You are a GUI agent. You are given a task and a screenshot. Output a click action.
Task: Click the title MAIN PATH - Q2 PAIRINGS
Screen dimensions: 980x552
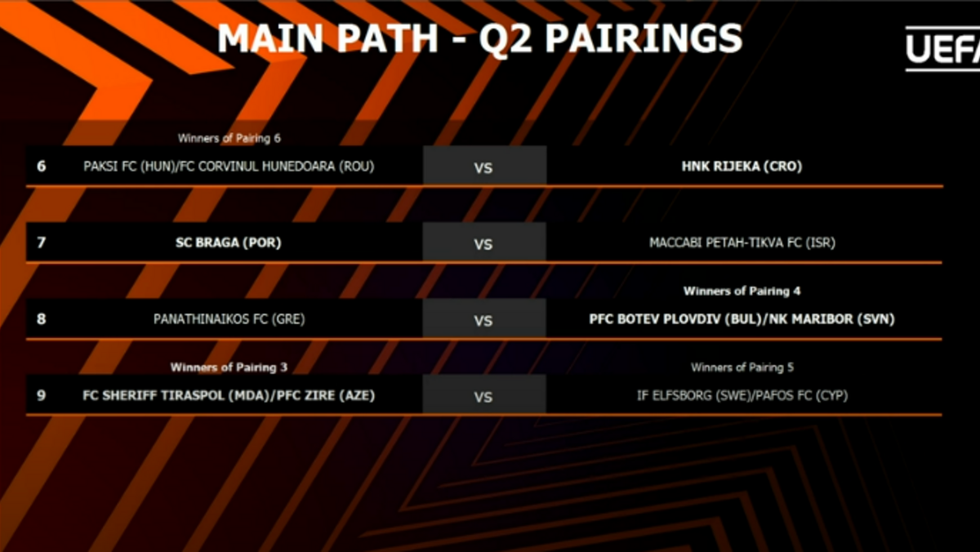[x=480, y=39]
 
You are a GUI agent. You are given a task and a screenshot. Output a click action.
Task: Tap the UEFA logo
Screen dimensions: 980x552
[x=942, y=48]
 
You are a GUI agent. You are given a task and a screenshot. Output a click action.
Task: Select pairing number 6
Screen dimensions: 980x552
[x=42, y=167]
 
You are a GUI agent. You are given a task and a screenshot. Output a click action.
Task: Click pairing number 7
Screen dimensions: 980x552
[x=42, y=243]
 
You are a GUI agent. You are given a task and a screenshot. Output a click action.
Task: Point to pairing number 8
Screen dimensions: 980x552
[x=42, y=318]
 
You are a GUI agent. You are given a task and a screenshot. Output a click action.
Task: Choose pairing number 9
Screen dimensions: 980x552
[x=42, y=395]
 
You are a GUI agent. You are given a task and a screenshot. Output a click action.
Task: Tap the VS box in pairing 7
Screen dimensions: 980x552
[x=484, y=242]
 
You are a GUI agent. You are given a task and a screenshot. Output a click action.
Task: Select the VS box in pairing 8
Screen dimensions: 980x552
[x=484, y=318]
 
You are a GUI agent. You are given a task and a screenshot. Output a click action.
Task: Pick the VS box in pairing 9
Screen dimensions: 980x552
[x=484, y=394]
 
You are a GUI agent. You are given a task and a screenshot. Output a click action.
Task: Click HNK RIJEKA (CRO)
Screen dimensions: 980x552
[x=742, y=167]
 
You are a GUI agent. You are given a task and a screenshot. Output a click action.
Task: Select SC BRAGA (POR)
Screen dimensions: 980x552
[x=229, y=243]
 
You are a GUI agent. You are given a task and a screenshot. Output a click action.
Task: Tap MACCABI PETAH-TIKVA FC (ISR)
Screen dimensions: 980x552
[x=742, y=243]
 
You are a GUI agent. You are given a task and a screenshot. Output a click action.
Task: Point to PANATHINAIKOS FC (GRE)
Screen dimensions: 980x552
[x=229, y=319]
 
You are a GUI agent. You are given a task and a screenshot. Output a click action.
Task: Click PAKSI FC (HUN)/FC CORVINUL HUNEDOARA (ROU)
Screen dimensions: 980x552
[x=229, y=167]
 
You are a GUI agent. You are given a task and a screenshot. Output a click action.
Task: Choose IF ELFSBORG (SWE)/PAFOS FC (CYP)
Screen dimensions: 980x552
[x=742, y=396]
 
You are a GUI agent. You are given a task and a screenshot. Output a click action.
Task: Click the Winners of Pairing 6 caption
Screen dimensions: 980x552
[x=229, y=138]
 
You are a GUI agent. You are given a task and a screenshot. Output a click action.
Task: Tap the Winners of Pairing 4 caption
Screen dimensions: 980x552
[x=742, y=292]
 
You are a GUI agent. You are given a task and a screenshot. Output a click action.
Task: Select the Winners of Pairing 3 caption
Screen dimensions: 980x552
[x=229, y=367]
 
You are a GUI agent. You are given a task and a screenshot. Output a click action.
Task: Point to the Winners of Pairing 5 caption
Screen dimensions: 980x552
[x=742, y=367]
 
